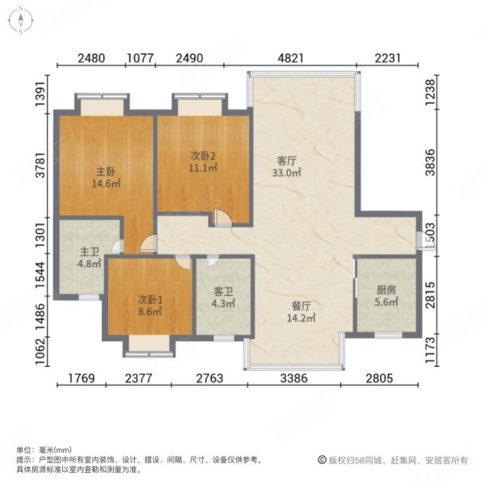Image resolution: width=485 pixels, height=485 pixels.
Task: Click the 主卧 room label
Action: click(103, 171)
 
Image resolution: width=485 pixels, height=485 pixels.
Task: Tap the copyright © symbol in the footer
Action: click(321, 460)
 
